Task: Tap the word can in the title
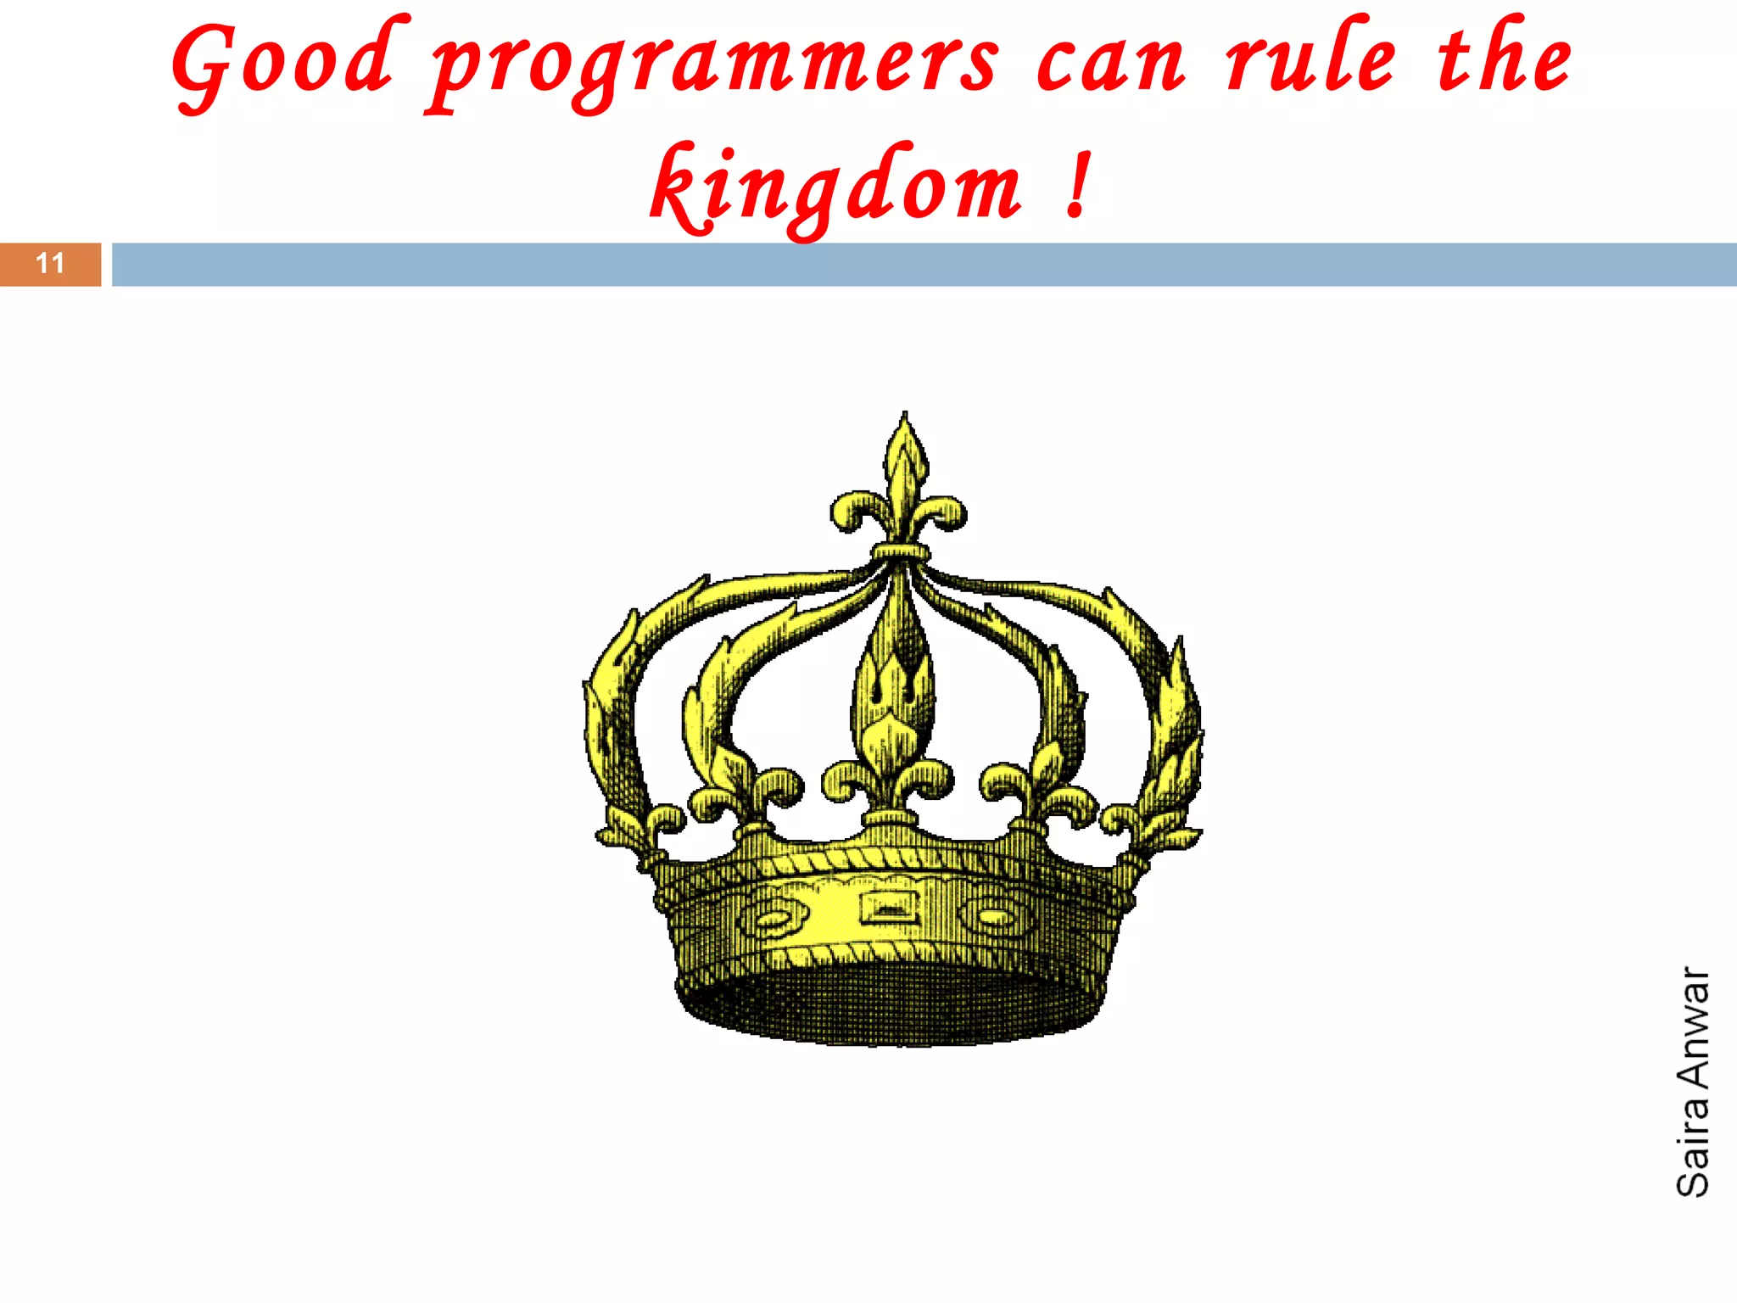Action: click(1111, 64)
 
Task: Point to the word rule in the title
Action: click(1310, 59)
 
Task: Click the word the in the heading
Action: click(1504, 59)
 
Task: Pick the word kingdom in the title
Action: click(835, 188)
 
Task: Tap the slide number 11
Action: click(50, 264)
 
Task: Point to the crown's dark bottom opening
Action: click(891, 1005)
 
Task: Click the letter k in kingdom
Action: click(679, 188)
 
